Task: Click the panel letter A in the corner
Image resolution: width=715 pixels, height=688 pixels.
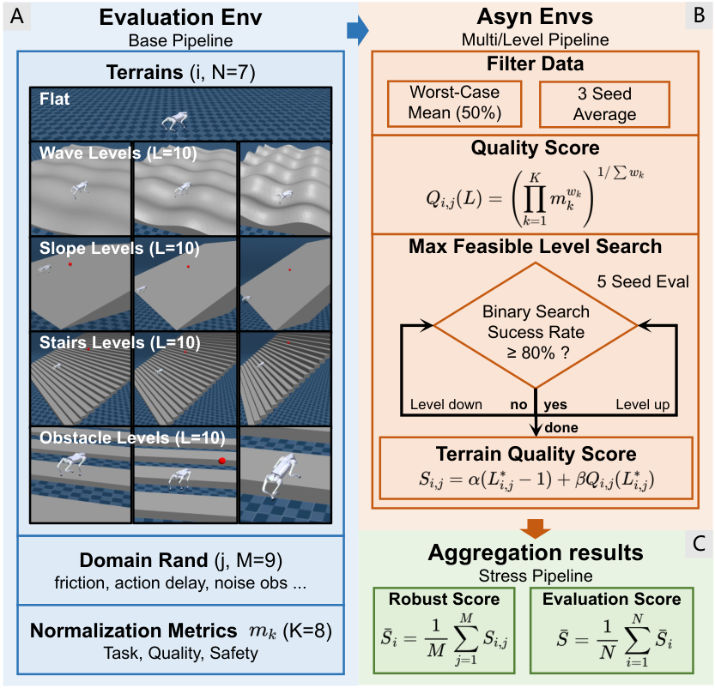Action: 17,16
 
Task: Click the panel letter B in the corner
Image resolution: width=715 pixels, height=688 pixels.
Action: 699,15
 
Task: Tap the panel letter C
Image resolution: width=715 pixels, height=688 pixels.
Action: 699,544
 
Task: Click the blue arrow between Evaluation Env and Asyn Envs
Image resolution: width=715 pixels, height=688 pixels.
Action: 357,31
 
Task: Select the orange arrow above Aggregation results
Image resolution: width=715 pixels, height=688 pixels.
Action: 536,528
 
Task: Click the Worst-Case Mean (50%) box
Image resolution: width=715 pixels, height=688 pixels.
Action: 455,104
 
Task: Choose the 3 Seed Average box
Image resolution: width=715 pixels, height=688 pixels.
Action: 604,105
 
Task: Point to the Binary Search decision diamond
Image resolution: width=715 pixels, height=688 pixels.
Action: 536,325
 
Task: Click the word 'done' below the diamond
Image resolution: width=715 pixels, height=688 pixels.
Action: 561,427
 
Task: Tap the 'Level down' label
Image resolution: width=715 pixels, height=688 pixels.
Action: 446,404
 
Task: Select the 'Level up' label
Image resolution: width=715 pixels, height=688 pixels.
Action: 643,404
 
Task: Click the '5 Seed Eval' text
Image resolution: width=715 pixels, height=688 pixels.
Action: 643,281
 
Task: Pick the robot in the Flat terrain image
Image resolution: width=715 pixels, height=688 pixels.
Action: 174,121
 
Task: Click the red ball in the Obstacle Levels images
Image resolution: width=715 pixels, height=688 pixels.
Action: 222,461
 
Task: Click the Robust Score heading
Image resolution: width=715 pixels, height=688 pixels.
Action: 444,599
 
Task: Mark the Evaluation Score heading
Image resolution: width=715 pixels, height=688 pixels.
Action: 611,599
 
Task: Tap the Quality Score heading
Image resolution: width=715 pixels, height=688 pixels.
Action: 536,148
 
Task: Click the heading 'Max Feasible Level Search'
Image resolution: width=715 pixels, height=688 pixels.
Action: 536,246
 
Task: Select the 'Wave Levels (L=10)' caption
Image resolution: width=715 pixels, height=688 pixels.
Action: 118,153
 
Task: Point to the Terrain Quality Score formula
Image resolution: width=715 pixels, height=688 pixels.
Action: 536,480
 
